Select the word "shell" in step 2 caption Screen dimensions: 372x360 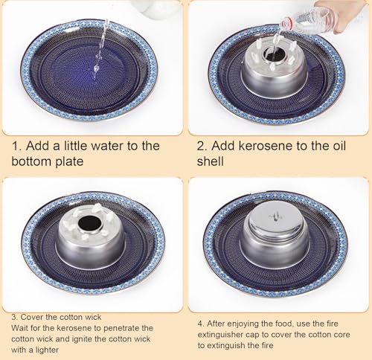[x=211, y=161]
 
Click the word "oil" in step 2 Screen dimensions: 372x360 [x=339, y=146]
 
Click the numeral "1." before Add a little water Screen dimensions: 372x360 [x=17, y=146]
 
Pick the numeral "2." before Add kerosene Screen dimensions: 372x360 [x=202, y=146]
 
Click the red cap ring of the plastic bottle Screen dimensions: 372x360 [x=286, y=24]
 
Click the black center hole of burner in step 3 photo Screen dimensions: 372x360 [x=90, y=222]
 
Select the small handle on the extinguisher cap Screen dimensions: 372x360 [x=276, y=216]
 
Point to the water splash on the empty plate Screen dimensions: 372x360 [x=96, y=68]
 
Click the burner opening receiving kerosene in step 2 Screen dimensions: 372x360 [x=273, y=55]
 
